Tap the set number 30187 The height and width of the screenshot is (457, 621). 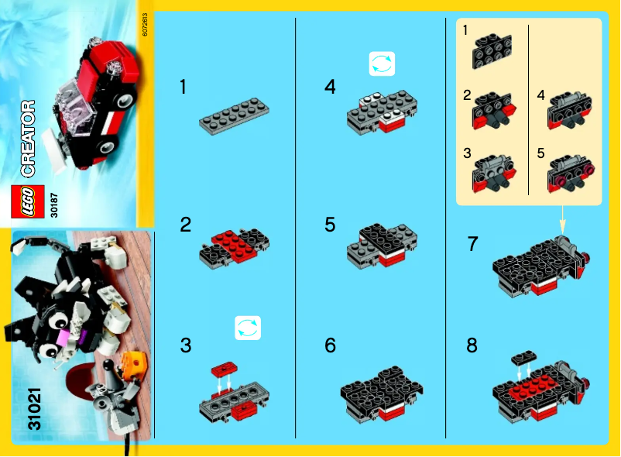coord(53,204)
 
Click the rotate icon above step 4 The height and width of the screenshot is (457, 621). coord(382,64)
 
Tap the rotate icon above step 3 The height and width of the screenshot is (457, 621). coord(248,328)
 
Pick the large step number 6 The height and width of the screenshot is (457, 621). coord(331,345)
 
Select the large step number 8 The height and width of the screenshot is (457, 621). coord(472,345)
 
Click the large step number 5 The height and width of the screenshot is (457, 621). coord(331,225)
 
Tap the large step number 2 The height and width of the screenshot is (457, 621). coord(185,225)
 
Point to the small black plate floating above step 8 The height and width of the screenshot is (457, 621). coord(524,356)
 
